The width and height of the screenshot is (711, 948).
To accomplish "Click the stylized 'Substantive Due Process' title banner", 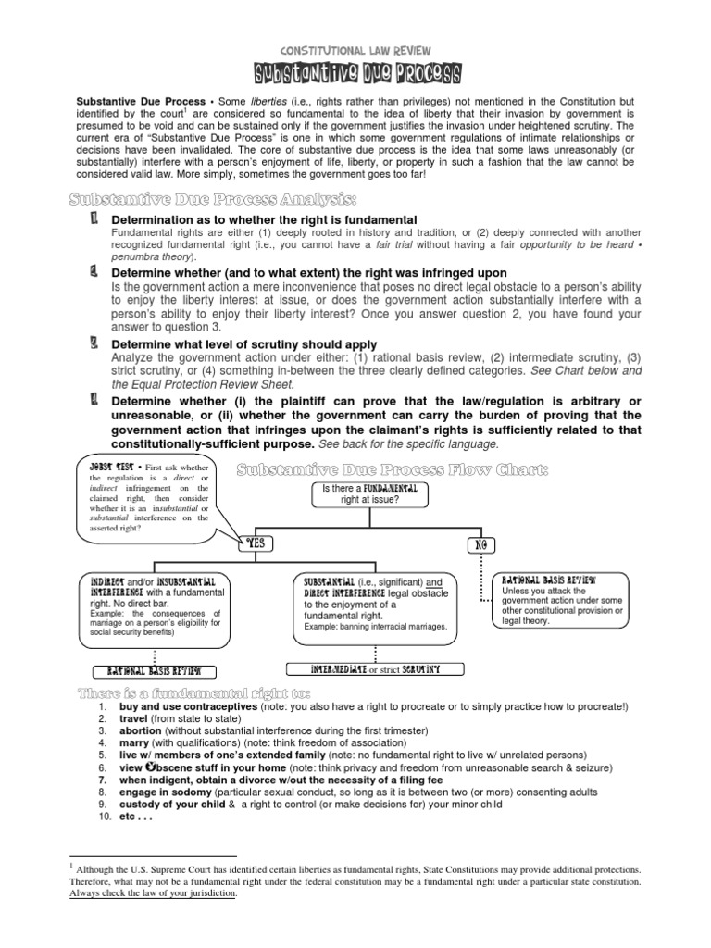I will tap(355, 74).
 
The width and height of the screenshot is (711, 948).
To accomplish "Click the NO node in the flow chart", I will tap(480, 544).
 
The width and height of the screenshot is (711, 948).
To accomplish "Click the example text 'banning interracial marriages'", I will tap(389, 627).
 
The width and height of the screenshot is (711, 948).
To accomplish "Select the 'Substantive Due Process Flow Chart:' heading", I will tap(391, 470).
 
